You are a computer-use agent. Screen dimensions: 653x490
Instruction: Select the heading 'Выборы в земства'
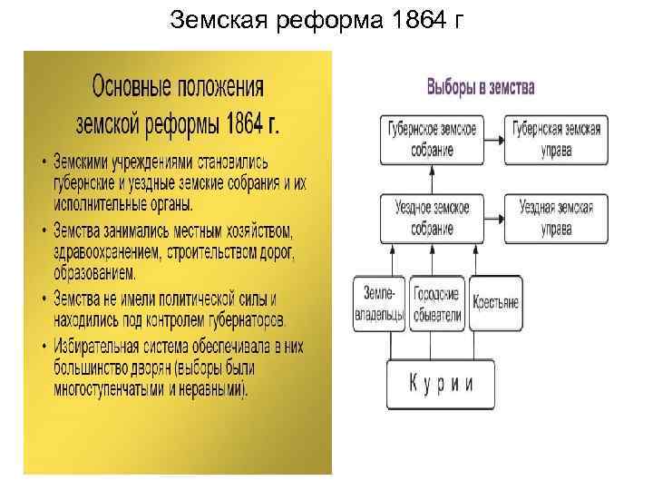tap(481, 88)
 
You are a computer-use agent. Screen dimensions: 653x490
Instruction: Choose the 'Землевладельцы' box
tap(378, 304)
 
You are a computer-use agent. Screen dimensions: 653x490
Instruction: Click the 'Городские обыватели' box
tap(436, 304)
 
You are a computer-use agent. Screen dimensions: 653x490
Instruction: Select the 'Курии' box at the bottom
tap(442, 383)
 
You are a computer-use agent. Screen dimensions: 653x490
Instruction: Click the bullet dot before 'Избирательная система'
tap(45, 345)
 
